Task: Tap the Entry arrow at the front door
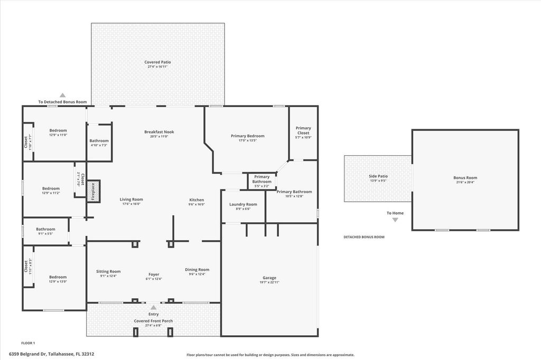click(153, 307)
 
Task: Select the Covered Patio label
click(157, 62)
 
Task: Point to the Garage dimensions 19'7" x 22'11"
click(269, 282)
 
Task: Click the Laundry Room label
click(243, 204)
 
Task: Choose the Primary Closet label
click(303, 130)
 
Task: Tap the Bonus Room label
click(465, 178)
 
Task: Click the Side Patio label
click(378, 176)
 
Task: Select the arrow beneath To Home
click(395, 220)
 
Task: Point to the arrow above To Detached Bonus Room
click(62, 95)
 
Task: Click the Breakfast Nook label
click(159, 132)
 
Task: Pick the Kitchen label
click(197, 200)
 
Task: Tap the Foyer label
click(153, 274)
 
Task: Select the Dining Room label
click(197, 270)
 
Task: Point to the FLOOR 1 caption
click(28, 343)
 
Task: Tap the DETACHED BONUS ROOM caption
click(364, 237)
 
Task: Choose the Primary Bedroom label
click(247, 136)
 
